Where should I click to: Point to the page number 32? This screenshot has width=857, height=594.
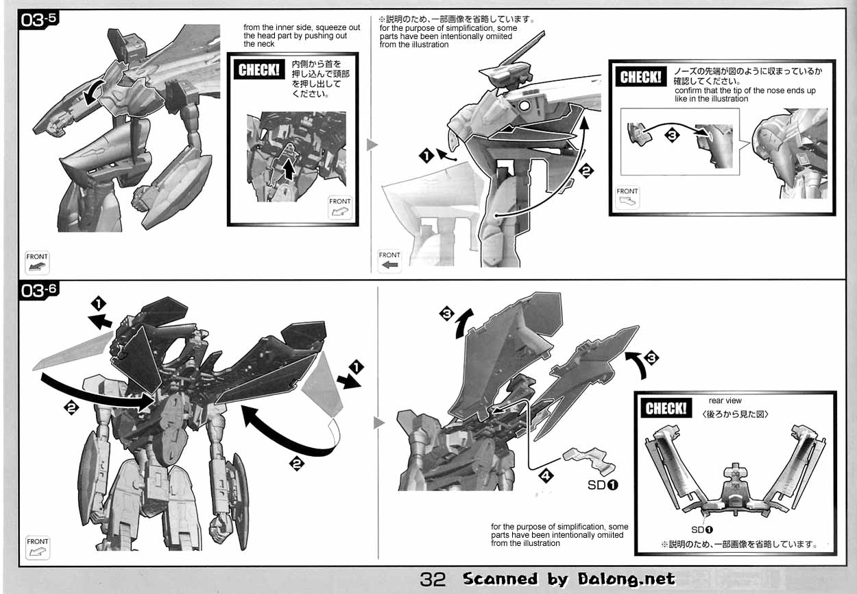pyautogui.click(x=433, y=580)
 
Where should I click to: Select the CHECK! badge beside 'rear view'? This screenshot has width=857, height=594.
pyautogui.click(x=665, y=408)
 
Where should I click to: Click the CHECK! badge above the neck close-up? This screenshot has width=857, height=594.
pyautogui.click(x=259, y=69)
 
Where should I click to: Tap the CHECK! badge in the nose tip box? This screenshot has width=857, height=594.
pyautogui.click(x=640, y=77)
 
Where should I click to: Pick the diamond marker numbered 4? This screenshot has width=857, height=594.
pyautogui.click(x=546, y=473)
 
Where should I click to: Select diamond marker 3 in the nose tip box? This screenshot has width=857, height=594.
pyautogui.click(x=673, y=136)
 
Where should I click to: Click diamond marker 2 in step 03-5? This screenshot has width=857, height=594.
pyautogui.click(x=586, y=172)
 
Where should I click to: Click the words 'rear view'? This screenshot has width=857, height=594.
pyautogui.click(x=725, y=401)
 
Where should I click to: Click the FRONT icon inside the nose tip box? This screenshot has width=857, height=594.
pyautogui.click(x=627, y=197)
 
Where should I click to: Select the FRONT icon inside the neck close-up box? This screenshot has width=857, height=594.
pyautogui.click(x=340, y=207)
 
